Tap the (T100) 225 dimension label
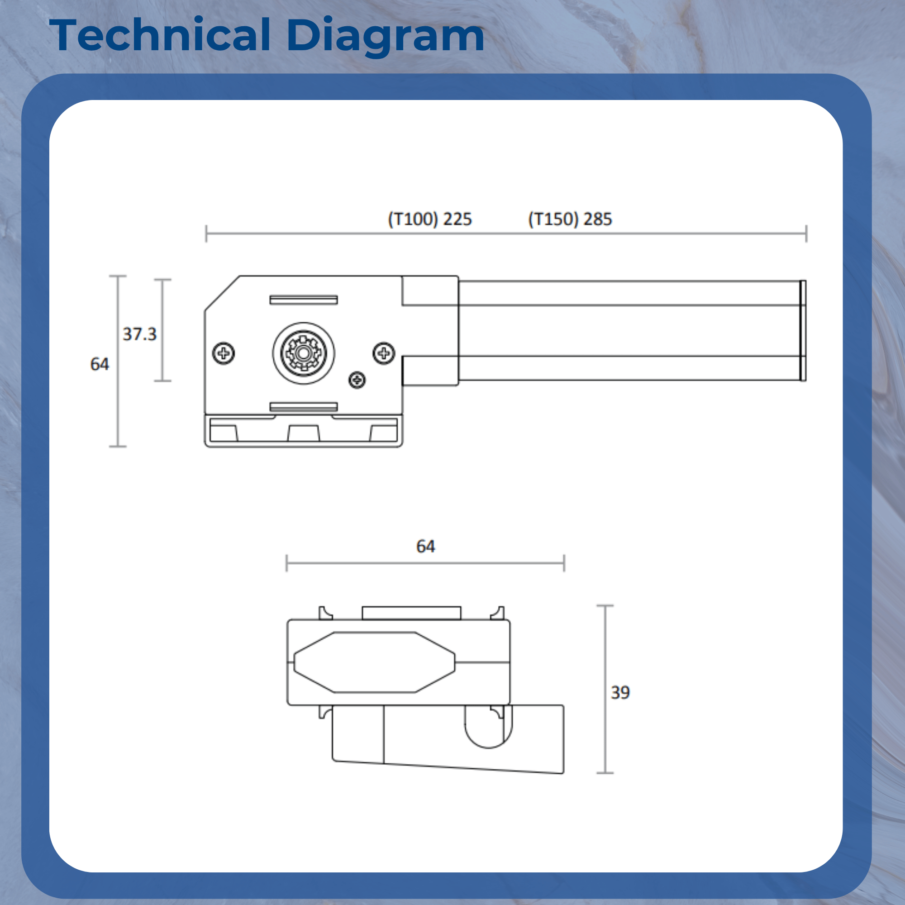pos(429,219)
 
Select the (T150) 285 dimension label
pos(570,219)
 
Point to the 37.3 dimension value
pos(139,334)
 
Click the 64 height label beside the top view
pos(99,364)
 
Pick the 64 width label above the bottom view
pos(425,546)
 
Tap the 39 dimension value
pos(620,692)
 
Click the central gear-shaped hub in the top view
pos(304,353)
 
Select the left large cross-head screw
pos(224,353)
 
